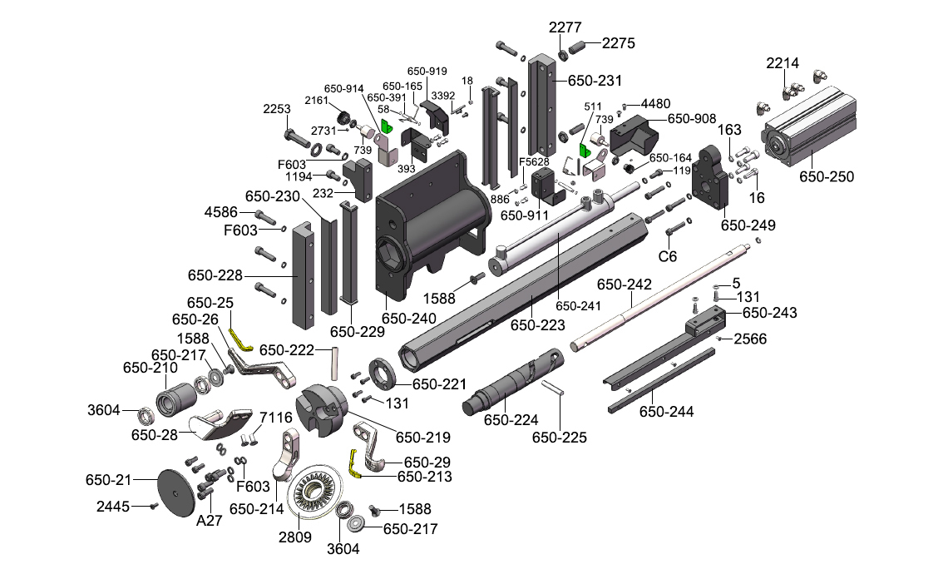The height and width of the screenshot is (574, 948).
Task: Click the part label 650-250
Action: (827, 176)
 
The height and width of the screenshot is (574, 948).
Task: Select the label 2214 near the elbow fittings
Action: (783, 63)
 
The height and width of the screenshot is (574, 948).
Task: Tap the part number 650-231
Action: (595, 81)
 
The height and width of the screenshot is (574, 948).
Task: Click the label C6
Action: (669, 256)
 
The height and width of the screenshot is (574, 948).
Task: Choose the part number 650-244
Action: (666, 411)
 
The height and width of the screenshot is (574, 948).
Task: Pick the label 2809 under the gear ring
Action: (294, 537)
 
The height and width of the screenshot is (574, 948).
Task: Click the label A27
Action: (208, 522)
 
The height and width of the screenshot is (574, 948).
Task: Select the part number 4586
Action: (222, 214)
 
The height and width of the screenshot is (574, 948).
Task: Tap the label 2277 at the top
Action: (565, 27)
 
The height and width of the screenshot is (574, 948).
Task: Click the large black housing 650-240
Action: (424, 225)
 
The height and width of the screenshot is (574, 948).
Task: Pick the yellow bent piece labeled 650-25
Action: (240, 340)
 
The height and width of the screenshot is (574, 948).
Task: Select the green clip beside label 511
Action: (585, 150)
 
